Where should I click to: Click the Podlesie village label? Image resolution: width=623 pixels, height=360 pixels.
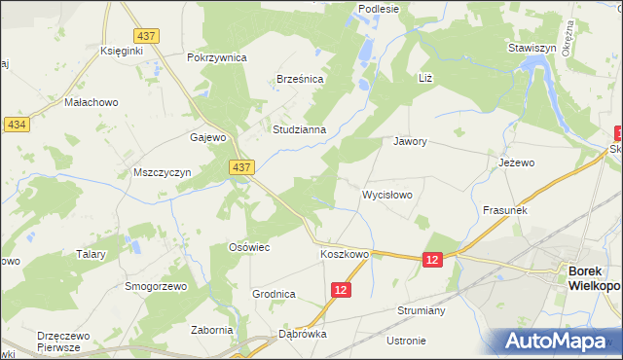(379, 9)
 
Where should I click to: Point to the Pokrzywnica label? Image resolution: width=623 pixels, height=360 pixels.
(217, 57)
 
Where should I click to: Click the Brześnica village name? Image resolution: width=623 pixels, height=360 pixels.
(300, 79)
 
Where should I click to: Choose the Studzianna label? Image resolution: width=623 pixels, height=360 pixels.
(305, 127)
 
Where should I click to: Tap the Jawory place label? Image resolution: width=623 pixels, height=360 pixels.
(410, 141)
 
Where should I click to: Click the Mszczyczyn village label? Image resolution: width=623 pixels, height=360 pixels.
(161, 172)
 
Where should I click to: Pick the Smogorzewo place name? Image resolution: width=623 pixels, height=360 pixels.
(155, 287)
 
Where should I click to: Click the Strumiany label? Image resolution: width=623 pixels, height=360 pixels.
(421, 311)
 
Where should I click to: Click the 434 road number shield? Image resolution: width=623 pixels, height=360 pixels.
(16, 126)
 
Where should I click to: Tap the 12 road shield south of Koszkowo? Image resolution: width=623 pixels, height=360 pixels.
(340, 290)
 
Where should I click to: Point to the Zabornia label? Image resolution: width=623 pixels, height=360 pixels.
(212, 330)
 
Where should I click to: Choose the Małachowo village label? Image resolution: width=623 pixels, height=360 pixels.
(90, 101)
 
